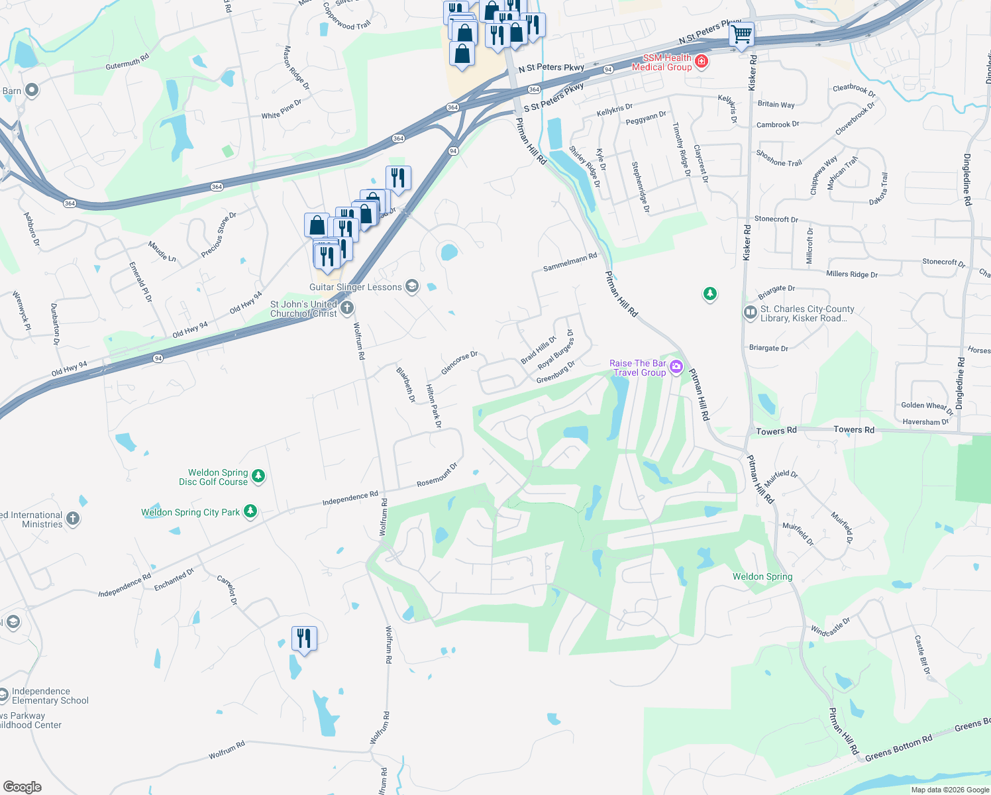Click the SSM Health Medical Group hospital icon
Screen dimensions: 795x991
702,62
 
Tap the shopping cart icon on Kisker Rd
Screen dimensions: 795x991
742,33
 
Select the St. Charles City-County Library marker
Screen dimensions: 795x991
750,312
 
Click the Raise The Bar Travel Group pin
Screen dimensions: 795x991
676,366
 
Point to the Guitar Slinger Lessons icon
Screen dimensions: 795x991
412,286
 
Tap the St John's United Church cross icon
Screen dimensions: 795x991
346,307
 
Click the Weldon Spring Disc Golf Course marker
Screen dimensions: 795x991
258,476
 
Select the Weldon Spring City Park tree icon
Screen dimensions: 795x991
250,511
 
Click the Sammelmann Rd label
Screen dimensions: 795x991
570,262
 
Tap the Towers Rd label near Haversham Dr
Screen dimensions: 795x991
854,430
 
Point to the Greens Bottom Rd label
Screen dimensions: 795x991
898,748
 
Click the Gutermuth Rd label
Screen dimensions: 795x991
127,62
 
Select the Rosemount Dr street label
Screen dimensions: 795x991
437,475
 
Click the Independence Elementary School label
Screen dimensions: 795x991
50,696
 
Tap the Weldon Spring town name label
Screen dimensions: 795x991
762,576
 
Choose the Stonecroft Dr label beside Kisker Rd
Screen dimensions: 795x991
776,219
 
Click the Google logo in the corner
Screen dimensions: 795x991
23,786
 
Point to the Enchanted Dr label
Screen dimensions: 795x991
174,579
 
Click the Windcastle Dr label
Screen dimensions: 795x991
831,627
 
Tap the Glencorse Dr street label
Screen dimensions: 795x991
459,362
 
